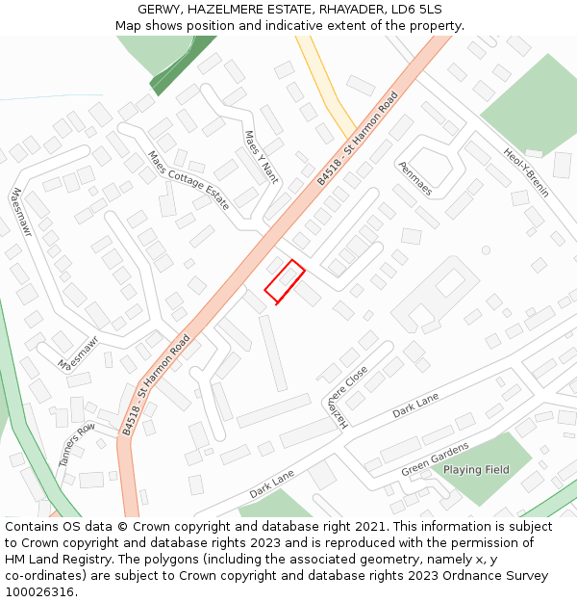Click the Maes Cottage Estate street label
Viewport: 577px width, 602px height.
(x=188, y=180)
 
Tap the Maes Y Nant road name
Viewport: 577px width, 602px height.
(x=261, y=156)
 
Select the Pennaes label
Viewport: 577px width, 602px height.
(x=414, y=178)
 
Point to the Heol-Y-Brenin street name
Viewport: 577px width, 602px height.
(x=526, y=172)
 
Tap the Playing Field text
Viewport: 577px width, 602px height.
(x=476, y=470)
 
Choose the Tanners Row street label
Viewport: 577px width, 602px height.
(x=77, y=444)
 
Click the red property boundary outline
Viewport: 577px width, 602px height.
(x=285, y=280)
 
